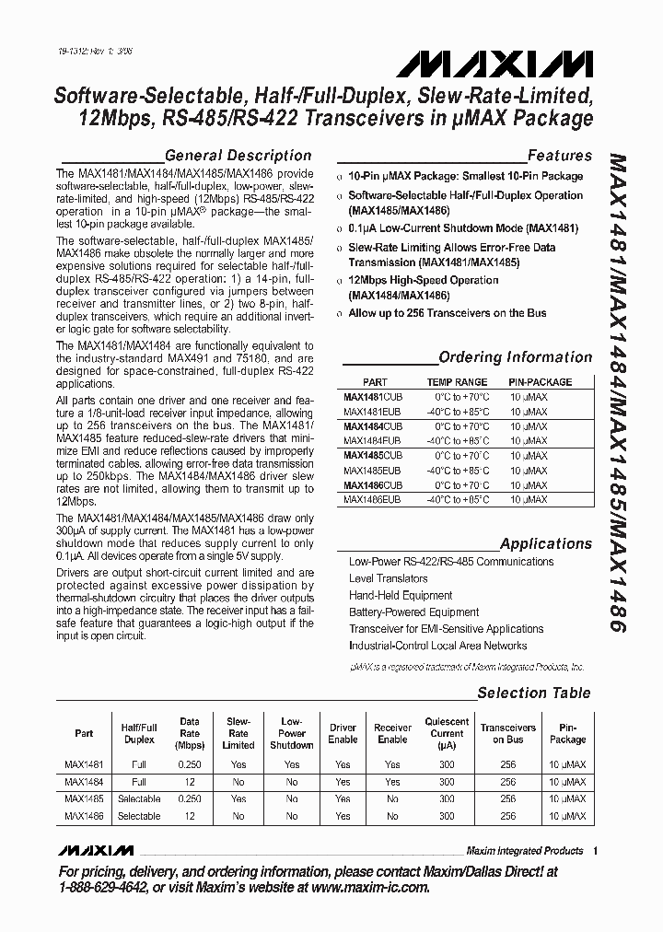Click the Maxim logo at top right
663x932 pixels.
pos(494,65)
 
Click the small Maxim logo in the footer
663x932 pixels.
pos(96,849)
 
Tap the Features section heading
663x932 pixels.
pos(559,156)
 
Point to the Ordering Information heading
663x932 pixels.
pos(515,357)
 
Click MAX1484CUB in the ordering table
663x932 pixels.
pos(373,426)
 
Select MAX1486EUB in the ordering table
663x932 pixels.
pos(373,499)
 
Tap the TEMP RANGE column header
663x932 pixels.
pos(457,381)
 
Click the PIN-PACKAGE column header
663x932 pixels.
pos(540,381)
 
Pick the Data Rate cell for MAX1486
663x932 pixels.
pos(189,816)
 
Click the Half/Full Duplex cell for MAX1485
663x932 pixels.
pos(139,798)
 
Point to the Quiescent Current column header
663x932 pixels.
pos(447,733)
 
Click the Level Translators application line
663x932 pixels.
pos(388,578)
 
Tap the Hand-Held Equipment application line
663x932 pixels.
pos(401,595)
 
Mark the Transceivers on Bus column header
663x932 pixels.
pos(507,733)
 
